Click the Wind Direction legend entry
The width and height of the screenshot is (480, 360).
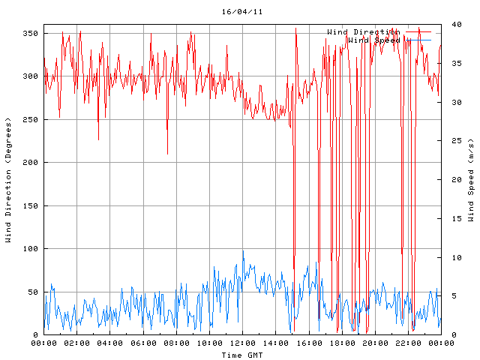click(363, 31)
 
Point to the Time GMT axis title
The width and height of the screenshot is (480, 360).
click(241, 354)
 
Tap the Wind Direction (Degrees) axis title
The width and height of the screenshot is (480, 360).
click(8, 180)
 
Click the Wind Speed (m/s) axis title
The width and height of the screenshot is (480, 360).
click(471, 180)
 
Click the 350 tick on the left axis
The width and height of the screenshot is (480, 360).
click(29, 34)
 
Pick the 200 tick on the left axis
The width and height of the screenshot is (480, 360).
click(29, 163)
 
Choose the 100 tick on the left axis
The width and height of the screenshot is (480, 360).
click(29, 249)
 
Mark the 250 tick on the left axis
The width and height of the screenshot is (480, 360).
click(29, 120)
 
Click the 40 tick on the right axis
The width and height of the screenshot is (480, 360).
click(449, 25)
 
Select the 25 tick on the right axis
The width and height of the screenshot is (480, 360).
click(449, 141)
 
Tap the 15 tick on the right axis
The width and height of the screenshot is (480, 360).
click(449, 219)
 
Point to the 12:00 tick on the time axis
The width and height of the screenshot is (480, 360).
click(242, 343)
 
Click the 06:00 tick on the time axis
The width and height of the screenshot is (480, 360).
click(143, 343)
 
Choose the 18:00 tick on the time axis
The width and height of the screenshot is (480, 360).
click(341, 343)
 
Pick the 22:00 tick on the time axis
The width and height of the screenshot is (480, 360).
click(407, 343)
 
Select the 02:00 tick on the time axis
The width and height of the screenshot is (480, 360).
click(77, 343)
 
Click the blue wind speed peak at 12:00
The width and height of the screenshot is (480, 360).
click(243, 252)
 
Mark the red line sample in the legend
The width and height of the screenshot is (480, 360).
click(418, 31)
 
